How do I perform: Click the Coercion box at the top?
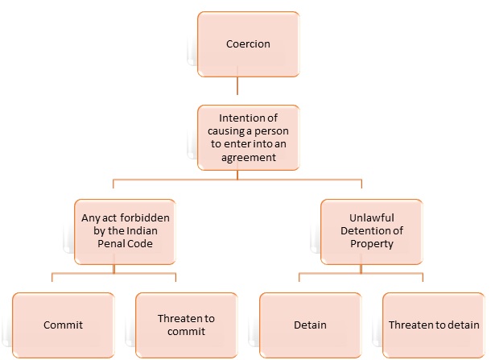[237, 43]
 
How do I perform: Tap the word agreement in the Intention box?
[237, 159]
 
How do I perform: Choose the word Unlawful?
[361, 217]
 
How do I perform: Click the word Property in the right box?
[361, 244]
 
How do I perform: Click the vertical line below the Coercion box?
[237, 86]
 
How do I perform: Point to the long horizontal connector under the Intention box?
[237, 180]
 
